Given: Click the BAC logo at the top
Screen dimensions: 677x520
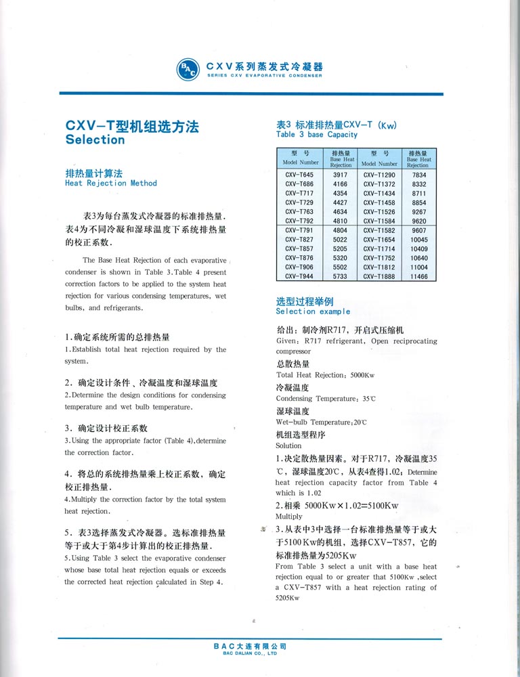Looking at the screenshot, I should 188,69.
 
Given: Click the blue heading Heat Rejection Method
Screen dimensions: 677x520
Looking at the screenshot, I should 110,183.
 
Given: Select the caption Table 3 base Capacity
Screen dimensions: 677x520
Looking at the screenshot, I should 317,135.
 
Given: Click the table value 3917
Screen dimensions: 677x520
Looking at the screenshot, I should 340,175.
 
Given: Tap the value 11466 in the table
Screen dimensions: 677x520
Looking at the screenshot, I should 418,277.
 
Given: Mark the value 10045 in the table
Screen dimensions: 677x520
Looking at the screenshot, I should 418,240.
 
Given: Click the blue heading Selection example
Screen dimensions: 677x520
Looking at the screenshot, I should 313,311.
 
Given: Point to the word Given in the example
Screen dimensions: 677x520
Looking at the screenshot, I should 287,341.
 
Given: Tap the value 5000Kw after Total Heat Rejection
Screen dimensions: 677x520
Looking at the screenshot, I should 366,375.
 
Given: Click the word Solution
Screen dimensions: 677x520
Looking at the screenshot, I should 288,446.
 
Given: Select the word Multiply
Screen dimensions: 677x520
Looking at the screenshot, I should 289,517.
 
